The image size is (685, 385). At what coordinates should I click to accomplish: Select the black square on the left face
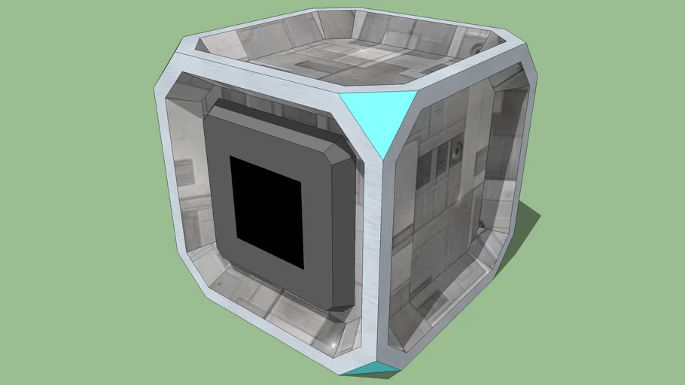pyautogui.click(x=266, y=211)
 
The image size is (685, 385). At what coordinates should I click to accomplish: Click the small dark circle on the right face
pyautogui.click(x=457, y=153)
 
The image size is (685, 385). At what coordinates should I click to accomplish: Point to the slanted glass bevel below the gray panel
pyautogui.click(x=279, y=301)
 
